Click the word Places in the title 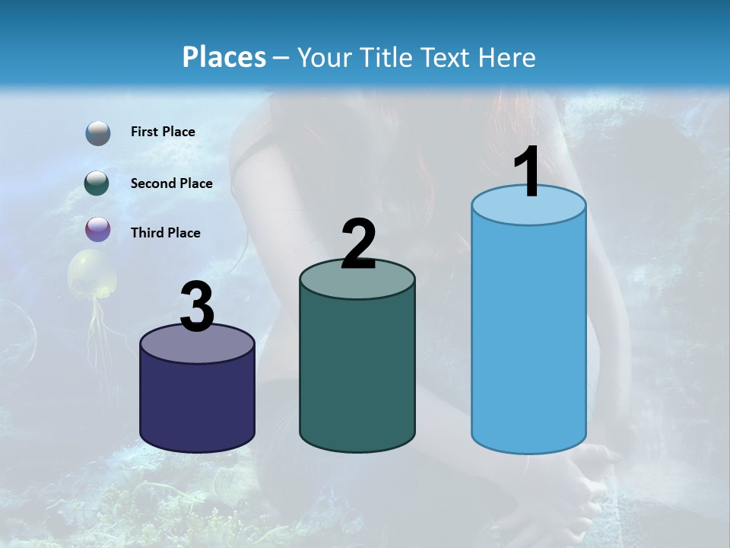click(224, 57)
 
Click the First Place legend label click(163, 132)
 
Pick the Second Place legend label click(171, 183)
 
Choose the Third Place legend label click(165, 233)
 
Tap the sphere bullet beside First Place click(97, 133)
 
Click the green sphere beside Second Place click(97, 183)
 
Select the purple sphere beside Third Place click(97, 229)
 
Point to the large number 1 click(528, 173)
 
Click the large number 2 click(358, 244)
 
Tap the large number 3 click(197, 307)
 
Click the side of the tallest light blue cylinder click(528, 335)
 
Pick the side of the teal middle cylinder click(357, 373)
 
